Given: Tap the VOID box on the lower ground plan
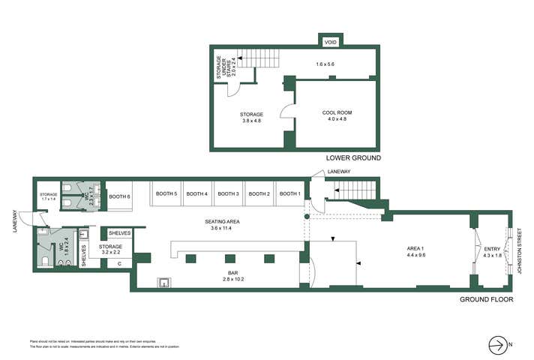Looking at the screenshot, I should [x=330, y=42].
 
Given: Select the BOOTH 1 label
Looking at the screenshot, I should [x=290, y=194].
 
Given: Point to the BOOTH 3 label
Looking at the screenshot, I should [x=228, y=194].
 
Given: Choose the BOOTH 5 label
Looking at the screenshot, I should [x=166, y=194].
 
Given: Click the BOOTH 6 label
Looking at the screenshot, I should [x=119, y=196].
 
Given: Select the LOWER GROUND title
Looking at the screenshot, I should [x=352, y=158].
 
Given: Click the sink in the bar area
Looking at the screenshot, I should [x=163, y=282].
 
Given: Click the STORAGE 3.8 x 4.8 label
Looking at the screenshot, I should [x=251, y=118].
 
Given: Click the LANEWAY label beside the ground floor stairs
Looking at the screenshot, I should [x=338, y=172].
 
